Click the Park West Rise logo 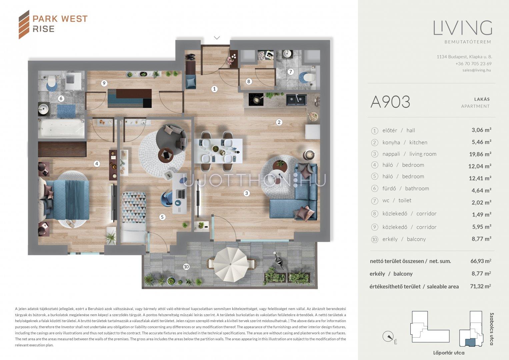tap(53, 24)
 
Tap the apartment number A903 tap(390, 102)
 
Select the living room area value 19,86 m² tap(480, 154)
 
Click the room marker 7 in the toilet tap(290, 72)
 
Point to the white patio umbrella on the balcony tap(231, 265)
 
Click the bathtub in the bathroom tap(61, 129)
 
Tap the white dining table tap(218, 151)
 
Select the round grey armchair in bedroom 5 tap(172, 137)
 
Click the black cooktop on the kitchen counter tap(256, 100)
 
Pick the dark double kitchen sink tap(296, 100)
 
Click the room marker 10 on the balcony tap(186, 267)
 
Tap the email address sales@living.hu tap(477, 70)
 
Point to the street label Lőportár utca tap(449, 353)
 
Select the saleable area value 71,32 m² tap(480, 286)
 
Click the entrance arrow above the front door tap(217, 37)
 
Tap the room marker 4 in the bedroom tap(97, 163)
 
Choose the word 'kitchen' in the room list tap(418, 143)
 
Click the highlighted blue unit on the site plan tap(470, 342)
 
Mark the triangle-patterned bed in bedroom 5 tap(134, 207)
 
